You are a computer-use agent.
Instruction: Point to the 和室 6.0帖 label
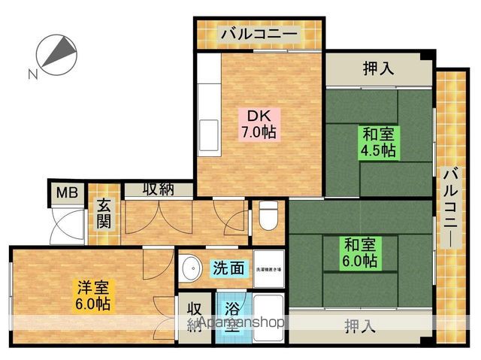[x=360, y=253]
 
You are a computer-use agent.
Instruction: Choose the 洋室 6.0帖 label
[x=92, y=295]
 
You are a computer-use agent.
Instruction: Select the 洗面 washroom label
[x=227, y=268]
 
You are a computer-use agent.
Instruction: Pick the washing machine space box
[x=268, y=268]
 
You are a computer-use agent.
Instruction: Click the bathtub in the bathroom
[x=268, y=310]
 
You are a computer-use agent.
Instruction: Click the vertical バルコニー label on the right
[x=450, y=203]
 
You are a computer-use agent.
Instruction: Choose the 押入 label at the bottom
[x=359, y=326]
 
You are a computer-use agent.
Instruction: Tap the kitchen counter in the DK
[x=208, y=113]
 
